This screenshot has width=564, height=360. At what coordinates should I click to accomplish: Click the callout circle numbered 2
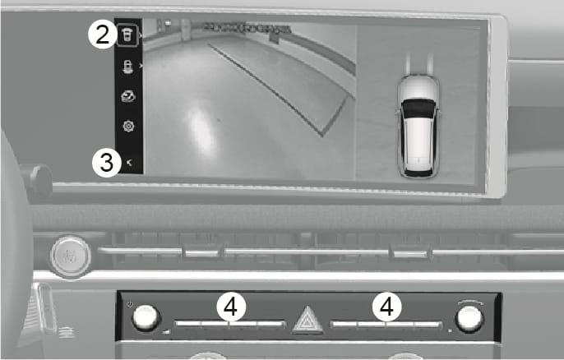coord(102,35)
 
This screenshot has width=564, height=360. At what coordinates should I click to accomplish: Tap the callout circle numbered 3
coord(105,162)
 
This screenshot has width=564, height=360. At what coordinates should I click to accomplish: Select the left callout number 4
coord(232,307)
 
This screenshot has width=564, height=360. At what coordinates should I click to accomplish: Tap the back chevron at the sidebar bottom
coord(129,164)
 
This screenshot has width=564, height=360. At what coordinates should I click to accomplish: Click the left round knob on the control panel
coord(146,318)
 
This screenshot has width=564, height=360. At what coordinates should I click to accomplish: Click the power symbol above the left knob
coord(132,304)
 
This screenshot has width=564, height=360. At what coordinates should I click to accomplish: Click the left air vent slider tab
coord(197,252)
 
